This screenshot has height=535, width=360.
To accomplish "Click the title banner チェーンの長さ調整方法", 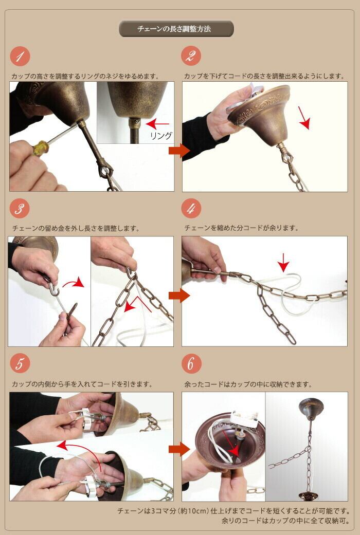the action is (x=176, y=29).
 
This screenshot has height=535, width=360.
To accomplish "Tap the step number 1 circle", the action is (x=20, y=57).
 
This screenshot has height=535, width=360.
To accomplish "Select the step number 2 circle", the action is (x=191, y=56).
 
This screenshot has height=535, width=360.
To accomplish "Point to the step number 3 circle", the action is (x=20, y=209).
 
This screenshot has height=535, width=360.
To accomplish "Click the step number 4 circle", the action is (x=191, y=209).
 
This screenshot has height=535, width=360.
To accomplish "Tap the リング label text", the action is (x=161, y=136).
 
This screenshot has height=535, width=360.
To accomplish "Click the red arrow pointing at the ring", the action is (x=157, y=123).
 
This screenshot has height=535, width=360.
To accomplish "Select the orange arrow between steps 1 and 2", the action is (x=179, y=151).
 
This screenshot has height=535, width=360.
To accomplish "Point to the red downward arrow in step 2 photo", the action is (x=304, y=118).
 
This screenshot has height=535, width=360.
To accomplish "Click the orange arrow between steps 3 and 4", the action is (x=179, y=296).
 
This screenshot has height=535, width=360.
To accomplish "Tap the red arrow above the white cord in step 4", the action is (x=283, y=263).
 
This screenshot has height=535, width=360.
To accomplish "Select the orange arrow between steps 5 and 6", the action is (x=179, y=449).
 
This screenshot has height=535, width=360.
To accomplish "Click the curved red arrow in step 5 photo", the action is (x=81, y=449).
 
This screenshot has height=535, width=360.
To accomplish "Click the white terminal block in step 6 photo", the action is (x=244, y=419).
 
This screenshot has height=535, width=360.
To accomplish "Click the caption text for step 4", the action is (x=242, y=228).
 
